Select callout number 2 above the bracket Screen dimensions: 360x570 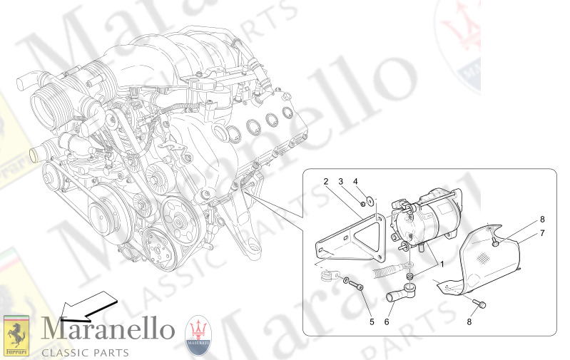point(325,182)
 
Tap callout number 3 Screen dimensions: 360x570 point(342,182)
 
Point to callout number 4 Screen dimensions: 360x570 point(356,182)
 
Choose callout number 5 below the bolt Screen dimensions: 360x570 point(371,321)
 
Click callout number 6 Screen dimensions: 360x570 point(387,321)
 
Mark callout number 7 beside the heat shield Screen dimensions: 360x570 point(541,233)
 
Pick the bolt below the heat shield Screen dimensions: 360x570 point(479,304)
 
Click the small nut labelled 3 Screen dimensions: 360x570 point(363,205)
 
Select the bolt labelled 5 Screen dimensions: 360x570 point(357,286)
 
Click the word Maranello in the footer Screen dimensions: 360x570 point(108,329)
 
